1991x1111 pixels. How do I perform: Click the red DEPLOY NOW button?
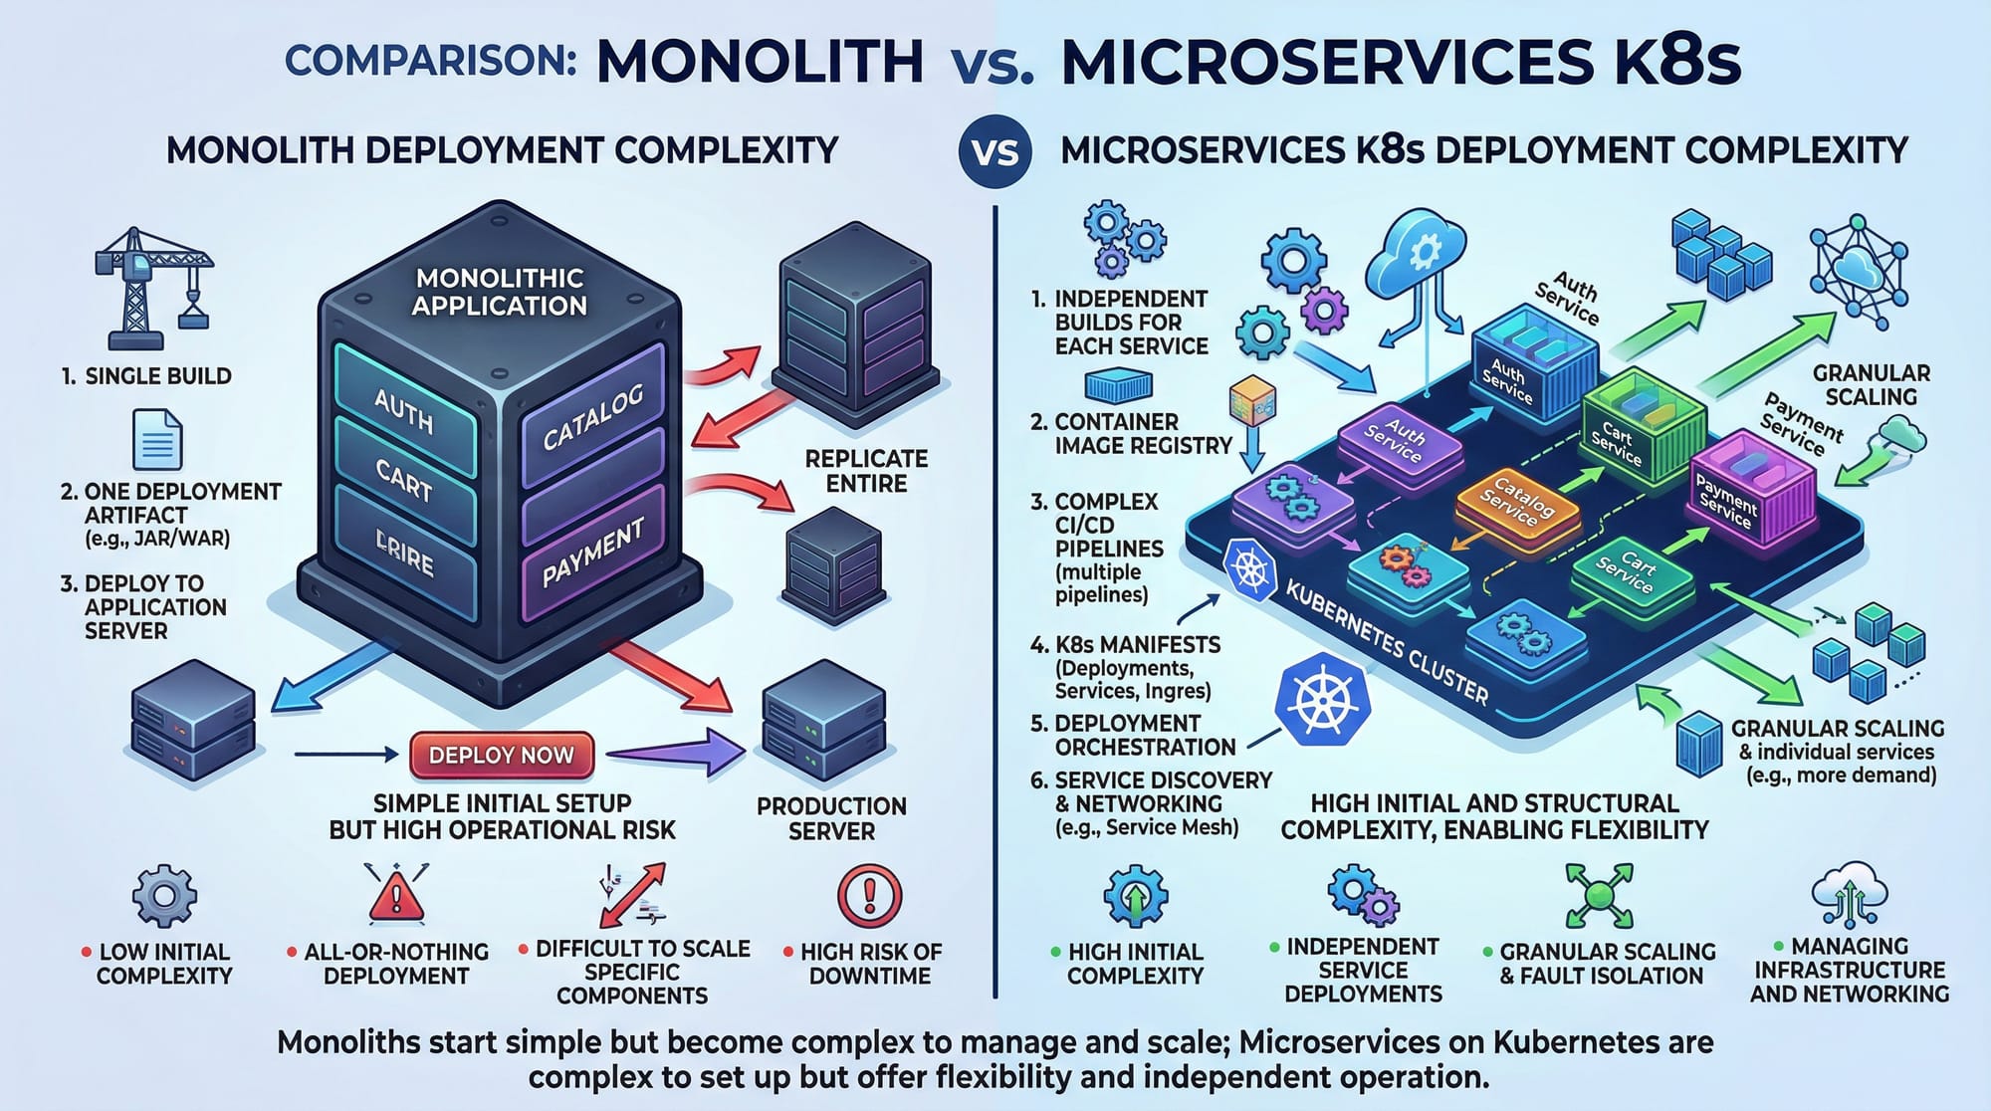501,756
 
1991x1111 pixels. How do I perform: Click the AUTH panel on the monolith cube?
403,409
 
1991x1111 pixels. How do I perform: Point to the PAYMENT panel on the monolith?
593,553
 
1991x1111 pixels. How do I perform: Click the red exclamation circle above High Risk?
869,895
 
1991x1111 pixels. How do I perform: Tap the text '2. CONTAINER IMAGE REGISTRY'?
1130,434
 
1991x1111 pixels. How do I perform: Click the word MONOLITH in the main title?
761,62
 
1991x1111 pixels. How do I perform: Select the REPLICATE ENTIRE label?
866,471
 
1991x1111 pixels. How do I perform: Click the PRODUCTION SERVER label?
831,818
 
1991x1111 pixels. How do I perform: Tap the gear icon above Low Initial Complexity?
164,896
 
